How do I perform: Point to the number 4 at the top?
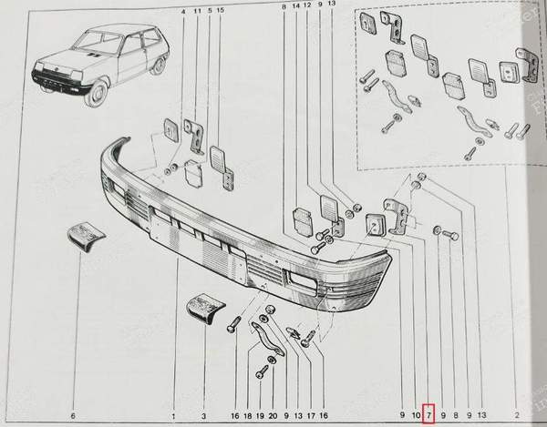click(x=183, y=11)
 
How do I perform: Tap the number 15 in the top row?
click(x=220, y=11)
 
